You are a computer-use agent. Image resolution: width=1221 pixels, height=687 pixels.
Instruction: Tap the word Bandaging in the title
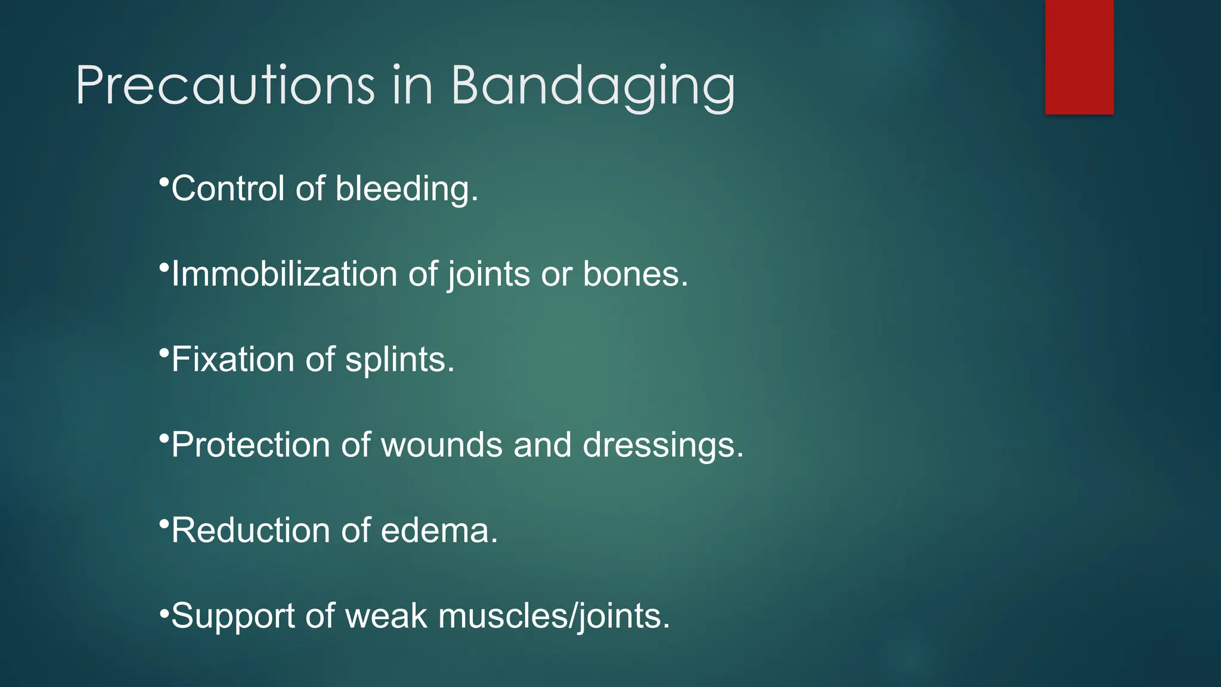(593, 86)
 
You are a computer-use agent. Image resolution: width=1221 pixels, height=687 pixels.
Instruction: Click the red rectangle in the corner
(1079, 57)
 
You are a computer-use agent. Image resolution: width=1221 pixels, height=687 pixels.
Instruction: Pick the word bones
(635, 274)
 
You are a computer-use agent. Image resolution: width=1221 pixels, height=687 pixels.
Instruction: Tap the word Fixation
(233, 360)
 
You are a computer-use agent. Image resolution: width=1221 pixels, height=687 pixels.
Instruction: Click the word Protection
(250, 445)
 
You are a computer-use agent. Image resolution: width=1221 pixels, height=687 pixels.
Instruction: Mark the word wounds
(441, 445)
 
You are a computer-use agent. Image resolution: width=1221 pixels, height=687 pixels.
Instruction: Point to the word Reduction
(250, 530)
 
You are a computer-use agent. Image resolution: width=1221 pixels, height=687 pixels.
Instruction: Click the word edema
(439, 530)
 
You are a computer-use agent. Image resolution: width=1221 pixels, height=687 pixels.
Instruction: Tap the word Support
(233, 617)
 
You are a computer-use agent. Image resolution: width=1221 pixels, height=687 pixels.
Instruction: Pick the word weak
(386, 615)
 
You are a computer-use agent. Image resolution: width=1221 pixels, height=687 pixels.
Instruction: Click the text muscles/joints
(554, 617)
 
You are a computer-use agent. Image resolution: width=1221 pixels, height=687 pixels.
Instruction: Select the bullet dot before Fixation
(164, 352)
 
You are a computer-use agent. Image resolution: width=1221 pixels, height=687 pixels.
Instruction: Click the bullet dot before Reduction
(164, 523)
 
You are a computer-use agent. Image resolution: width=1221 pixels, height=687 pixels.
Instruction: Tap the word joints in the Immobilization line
(489, 276)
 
